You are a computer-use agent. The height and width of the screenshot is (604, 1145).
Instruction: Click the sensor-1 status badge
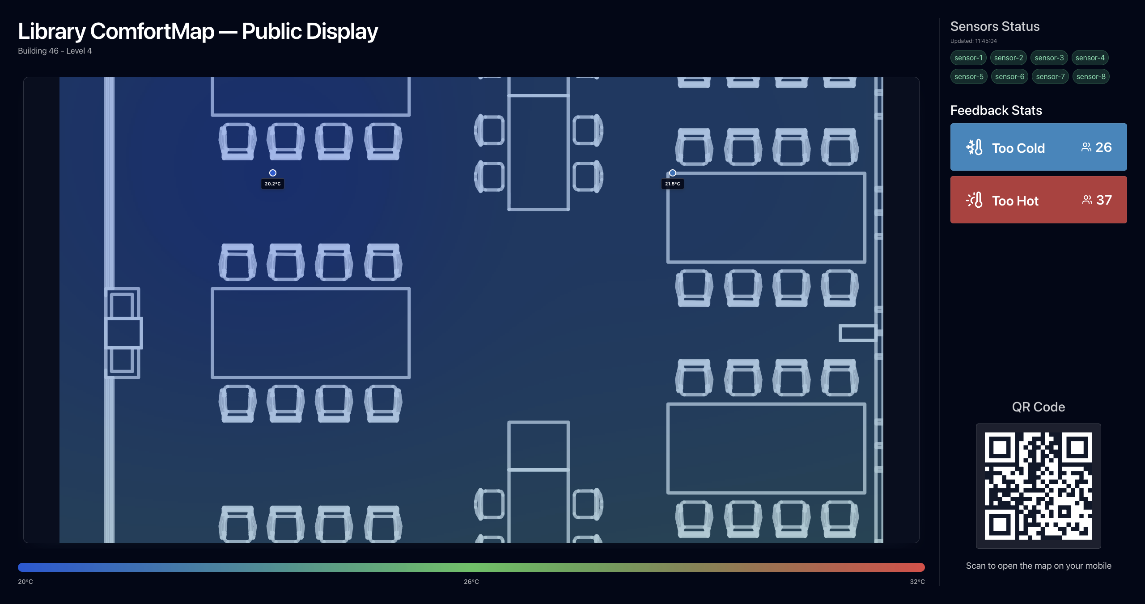pos(968,58)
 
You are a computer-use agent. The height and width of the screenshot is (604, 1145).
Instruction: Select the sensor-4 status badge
pos(1090,58)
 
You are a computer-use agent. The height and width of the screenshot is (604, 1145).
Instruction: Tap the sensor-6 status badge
pos(1009,76)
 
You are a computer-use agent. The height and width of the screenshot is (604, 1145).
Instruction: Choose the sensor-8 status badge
pos(1091,76)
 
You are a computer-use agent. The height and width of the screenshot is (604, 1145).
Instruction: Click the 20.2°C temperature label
pos(273,184)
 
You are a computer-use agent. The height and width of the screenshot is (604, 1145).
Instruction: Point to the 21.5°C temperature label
pos(673,184)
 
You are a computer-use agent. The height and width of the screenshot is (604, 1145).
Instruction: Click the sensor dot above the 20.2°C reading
pos(273,173)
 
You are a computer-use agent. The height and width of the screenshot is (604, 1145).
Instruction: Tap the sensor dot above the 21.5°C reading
pos(673,173)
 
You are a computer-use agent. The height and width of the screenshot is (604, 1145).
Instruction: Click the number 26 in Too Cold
pos(1103,147)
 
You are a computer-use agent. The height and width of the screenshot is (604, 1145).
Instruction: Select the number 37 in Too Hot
pos(1104,200)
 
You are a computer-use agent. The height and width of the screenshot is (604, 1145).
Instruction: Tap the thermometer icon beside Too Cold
pos(974,147)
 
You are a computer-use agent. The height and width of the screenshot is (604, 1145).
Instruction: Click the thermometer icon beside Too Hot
pos(974,200)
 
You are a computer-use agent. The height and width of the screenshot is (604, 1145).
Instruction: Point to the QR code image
pos(1039,486)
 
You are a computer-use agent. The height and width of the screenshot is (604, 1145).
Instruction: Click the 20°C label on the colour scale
pos(25,582)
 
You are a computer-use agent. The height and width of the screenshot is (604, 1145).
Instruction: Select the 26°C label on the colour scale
pos(471,582)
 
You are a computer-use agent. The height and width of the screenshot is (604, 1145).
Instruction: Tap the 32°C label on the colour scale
pos(917,582)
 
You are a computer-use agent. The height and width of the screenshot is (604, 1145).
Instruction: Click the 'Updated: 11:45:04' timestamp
pos(974,41)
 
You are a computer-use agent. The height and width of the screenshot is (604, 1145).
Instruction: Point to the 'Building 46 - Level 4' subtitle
pos(55,51)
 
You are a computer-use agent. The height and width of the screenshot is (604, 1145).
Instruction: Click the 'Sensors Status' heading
pos(995,26)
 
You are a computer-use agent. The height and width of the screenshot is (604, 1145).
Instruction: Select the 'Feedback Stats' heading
pos(997,110)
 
